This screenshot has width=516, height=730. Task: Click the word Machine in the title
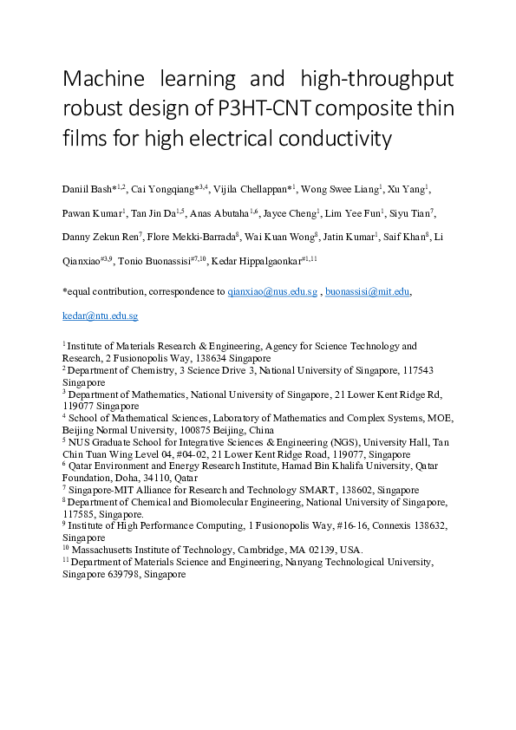101,80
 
